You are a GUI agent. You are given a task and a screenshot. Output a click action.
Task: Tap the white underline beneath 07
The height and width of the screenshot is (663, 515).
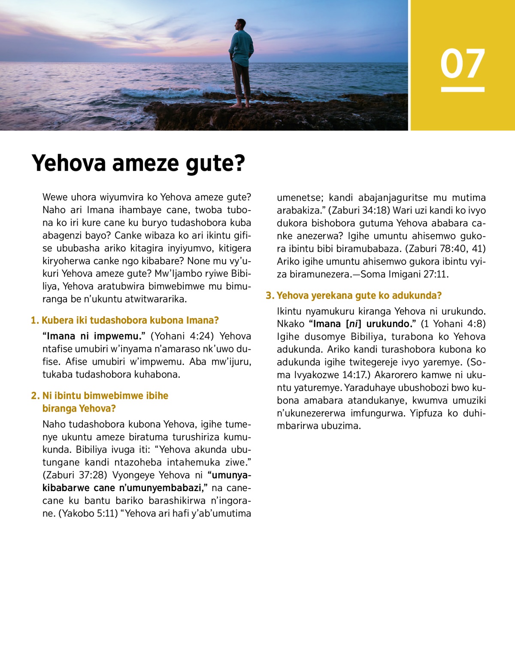click(x=462, y=89)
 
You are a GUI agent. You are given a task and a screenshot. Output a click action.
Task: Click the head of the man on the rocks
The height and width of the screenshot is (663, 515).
click(x=241, y=25)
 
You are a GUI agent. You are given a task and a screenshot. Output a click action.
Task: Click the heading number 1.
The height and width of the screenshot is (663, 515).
click(x=34, y=321)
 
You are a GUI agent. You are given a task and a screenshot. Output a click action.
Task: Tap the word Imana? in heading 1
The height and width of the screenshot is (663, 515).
click(x=202, y=321)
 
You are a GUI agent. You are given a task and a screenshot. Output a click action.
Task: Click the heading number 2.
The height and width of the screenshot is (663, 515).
click(x=34, y=396)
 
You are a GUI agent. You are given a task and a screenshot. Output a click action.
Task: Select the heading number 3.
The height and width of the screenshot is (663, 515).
click(x=269, y=296)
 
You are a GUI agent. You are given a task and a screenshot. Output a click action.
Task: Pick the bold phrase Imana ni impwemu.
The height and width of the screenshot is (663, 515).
click(x=94, y=336)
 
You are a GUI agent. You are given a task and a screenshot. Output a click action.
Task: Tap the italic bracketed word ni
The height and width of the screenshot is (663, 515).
click(x=353, y=324)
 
